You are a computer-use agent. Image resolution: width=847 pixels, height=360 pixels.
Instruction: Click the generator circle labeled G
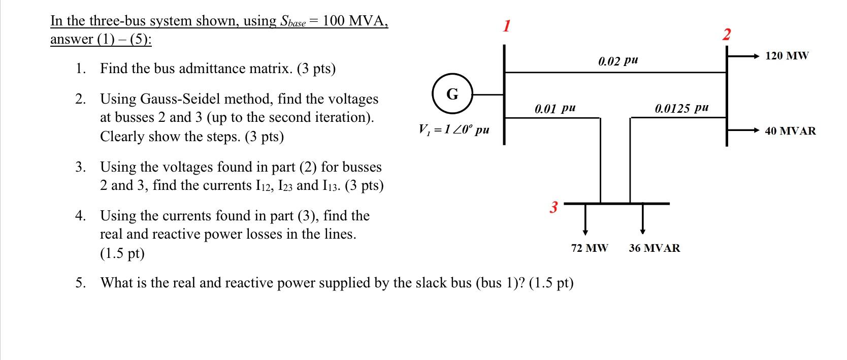point(452,94)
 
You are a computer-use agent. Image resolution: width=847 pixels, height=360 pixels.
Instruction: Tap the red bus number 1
point(506,26)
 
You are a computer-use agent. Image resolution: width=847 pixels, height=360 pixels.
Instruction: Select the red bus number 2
point(727,35)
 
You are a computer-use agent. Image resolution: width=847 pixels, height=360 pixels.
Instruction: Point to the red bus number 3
point(553,207)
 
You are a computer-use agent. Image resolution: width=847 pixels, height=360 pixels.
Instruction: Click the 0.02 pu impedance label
point(617,61)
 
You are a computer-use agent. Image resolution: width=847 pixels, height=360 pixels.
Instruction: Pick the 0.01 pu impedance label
point(555,108)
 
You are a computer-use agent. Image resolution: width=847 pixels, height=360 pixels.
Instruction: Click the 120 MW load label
point(787,56)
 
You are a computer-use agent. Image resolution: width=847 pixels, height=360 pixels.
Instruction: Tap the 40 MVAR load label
point(790,131)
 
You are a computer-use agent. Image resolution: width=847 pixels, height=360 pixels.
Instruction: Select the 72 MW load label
point(589,248)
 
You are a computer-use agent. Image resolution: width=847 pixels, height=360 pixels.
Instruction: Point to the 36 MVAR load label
point(654,248)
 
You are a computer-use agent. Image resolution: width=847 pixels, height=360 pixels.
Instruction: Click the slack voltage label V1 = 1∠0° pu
point(453,129)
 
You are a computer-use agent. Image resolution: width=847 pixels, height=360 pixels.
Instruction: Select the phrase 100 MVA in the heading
point(355,21)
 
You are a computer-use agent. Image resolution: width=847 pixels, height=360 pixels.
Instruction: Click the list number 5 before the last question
point(80,282)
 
